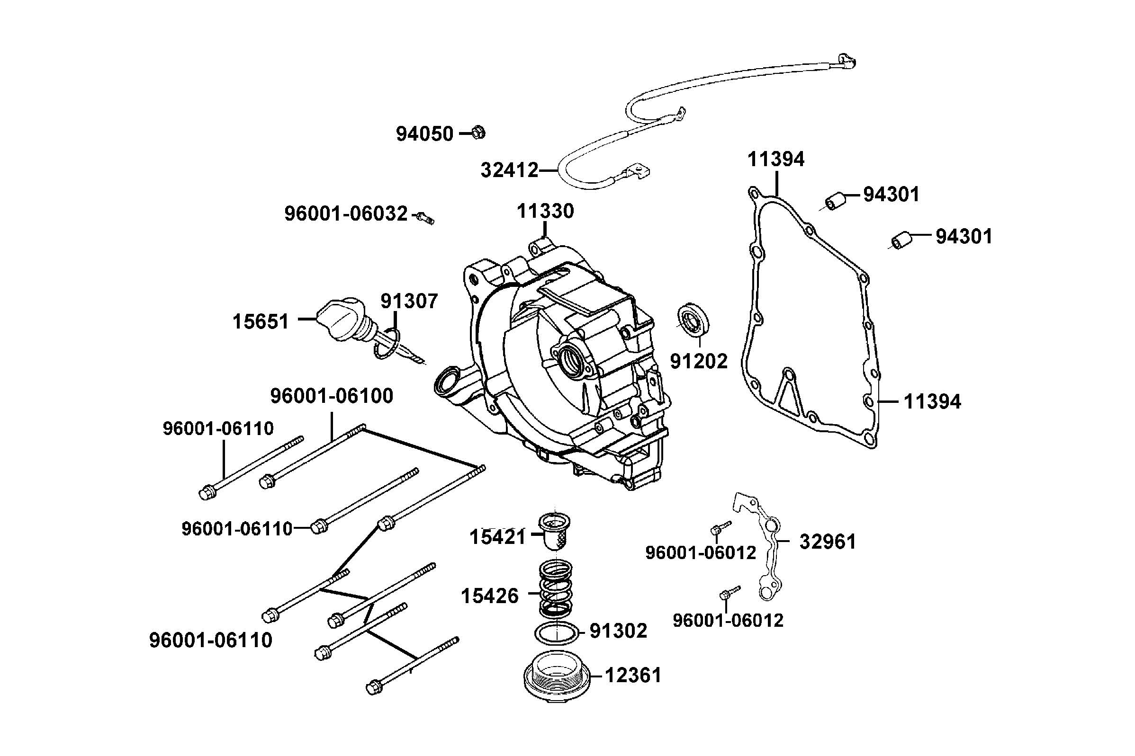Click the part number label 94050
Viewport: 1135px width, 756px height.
424,133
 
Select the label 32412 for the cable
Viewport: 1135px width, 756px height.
509,170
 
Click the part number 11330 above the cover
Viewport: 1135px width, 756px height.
545,211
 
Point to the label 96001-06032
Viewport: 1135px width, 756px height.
346,213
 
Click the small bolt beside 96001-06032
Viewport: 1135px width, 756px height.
425,217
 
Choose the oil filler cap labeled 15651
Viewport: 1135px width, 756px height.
342,320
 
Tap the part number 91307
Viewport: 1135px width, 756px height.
409,301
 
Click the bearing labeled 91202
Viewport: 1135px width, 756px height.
694,319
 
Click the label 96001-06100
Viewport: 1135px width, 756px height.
332,396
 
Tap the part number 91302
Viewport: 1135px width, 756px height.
618,631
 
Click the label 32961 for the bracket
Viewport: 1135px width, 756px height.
828,542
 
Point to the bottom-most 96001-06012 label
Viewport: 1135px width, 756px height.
728,620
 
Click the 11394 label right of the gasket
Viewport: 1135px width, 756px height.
932,401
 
